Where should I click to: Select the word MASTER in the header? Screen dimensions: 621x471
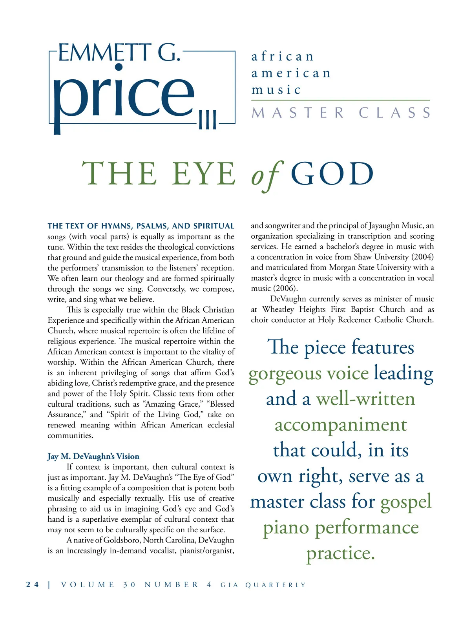[x=298, y=113]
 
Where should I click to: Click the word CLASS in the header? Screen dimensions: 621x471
[x=394, y=113]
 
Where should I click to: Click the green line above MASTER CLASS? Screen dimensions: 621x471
[x=341, y=100]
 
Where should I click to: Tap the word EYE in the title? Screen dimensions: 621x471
[x=204, y=174]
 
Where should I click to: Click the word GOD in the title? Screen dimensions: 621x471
[x=332, y=174]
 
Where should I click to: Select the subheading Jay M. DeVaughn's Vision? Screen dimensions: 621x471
[x=93, y=456]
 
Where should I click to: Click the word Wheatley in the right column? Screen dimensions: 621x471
[x=278, y=309]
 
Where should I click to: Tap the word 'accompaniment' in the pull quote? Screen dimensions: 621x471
[x=341, y=425]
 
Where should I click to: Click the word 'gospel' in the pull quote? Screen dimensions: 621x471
[x=406, y=502]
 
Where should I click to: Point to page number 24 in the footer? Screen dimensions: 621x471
[x=33, y=584]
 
